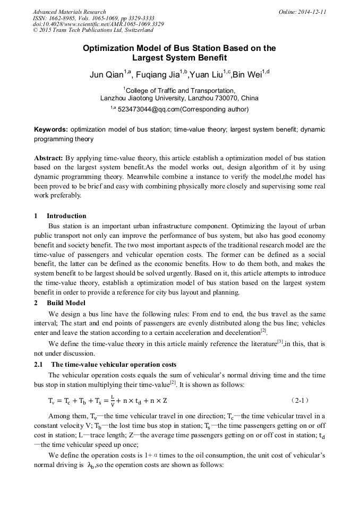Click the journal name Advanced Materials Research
[x=70, y=12]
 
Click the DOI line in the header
[x=98, y=24]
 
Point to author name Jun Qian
[x=106, y=75]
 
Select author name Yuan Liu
[x=205, y=75]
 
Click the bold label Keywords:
[x=51, y=130]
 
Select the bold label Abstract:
[x=49, y=158]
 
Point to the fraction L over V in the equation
[x=105, y=400]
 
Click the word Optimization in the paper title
[x=107, y=48]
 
